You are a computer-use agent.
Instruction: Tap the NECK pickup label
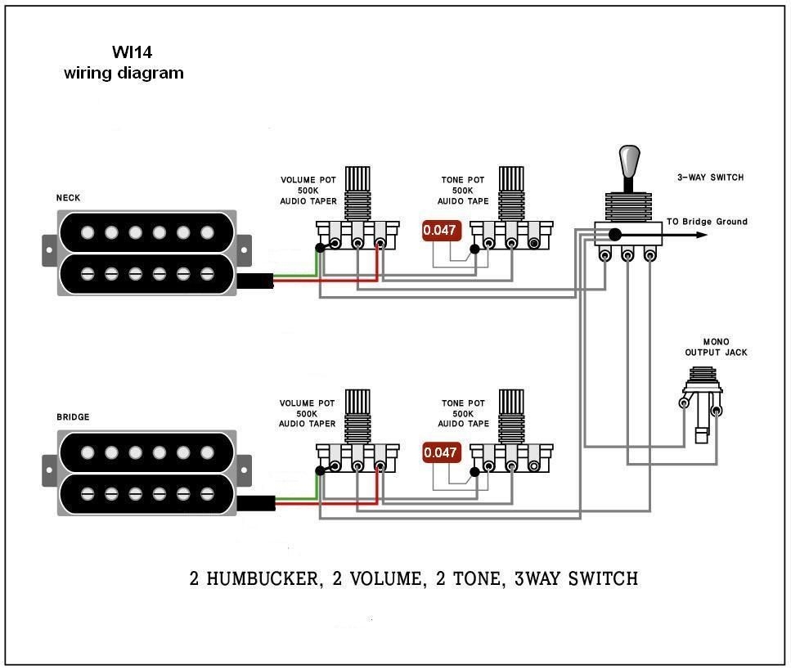pyautogui.click(x=68, y=198)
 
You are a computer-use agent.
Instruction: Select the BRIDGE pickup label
pyautogui.click(x=73, y=417)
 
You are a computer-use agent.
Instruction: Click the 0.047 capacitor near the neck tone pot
pyautogui.click(x=440, y=231)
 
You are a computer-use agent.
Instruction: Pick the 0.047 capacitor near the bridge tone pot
pyautogui.click(x=440, y=452)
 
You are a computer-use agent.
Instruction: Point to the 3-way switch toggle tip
pyautogui.click(x=628, y=158)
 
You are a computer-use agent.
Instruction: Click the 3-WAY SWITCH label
pyautogui.click(x=710, y=178)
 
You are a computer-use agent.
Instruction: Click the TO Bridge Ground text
pyautogui.click(x=706, y=222)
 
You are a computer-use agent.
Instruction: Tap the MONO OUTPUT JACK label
pyautogui.click(x=716, y=348)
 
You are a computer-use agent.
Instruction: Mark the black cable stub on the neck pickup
pyautogui.click(x=254, y=281)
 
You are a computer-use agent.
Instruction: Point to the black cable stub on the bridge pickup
pyautogui.click(x=254, y=503)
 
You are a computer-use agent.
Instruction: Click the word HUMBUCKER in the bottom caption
pyautogui.click(x=263, y=579)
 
